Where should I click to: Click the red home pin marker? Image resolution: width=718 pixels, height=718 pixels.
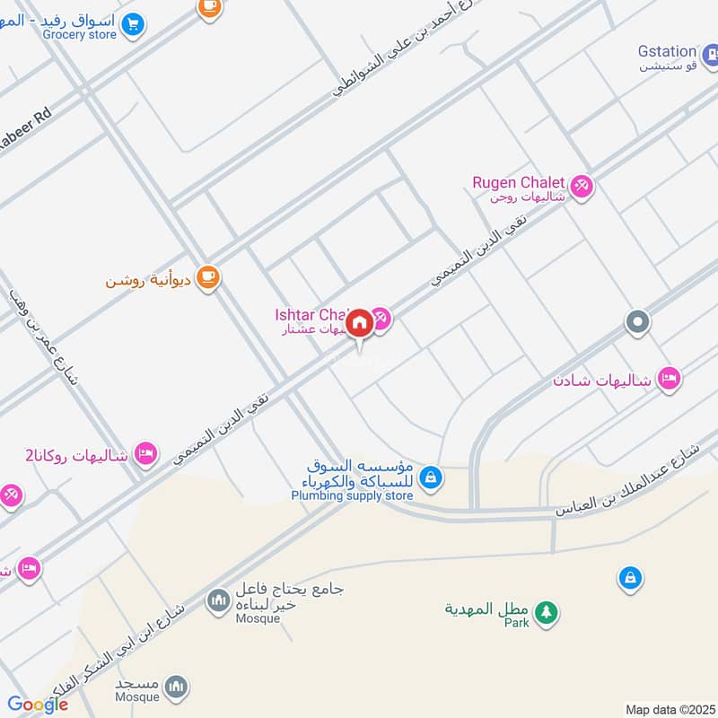359,324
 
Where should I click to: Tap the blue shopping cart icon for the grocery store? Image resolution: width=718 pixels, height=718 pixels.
134,24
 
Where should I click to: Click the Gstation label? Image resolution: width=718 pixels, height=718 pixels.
667,52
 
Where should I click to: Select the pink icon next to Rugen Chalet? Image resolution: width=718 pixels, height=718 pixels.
581,185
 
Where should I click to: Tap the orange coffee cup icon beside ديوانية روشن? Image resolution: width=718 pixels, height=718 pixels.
208,277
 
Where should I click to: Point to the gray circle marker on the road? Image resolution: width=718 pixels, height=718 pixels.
637,322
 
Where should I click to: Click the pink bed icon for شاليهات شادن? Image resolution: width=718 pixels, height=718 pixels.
668,379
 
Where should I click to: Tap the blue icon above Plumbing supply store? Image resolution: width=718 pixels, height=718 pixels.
431,477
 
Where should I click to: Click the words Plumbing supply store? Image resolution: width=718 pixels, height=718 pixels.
352,495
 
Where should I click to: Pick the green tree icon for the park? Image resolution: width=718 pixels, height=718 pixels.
545,612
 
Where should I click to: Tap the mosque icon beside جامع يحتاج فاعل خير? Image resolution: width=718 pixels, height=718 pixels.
218,600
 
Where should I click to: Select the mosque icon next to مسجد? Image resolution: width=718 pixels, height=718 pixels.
178,687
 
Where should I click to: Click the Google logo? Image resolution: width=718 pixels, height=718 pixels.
38,705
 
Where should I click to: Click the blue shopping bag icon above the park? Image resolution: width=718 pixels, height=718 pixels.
630,579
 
